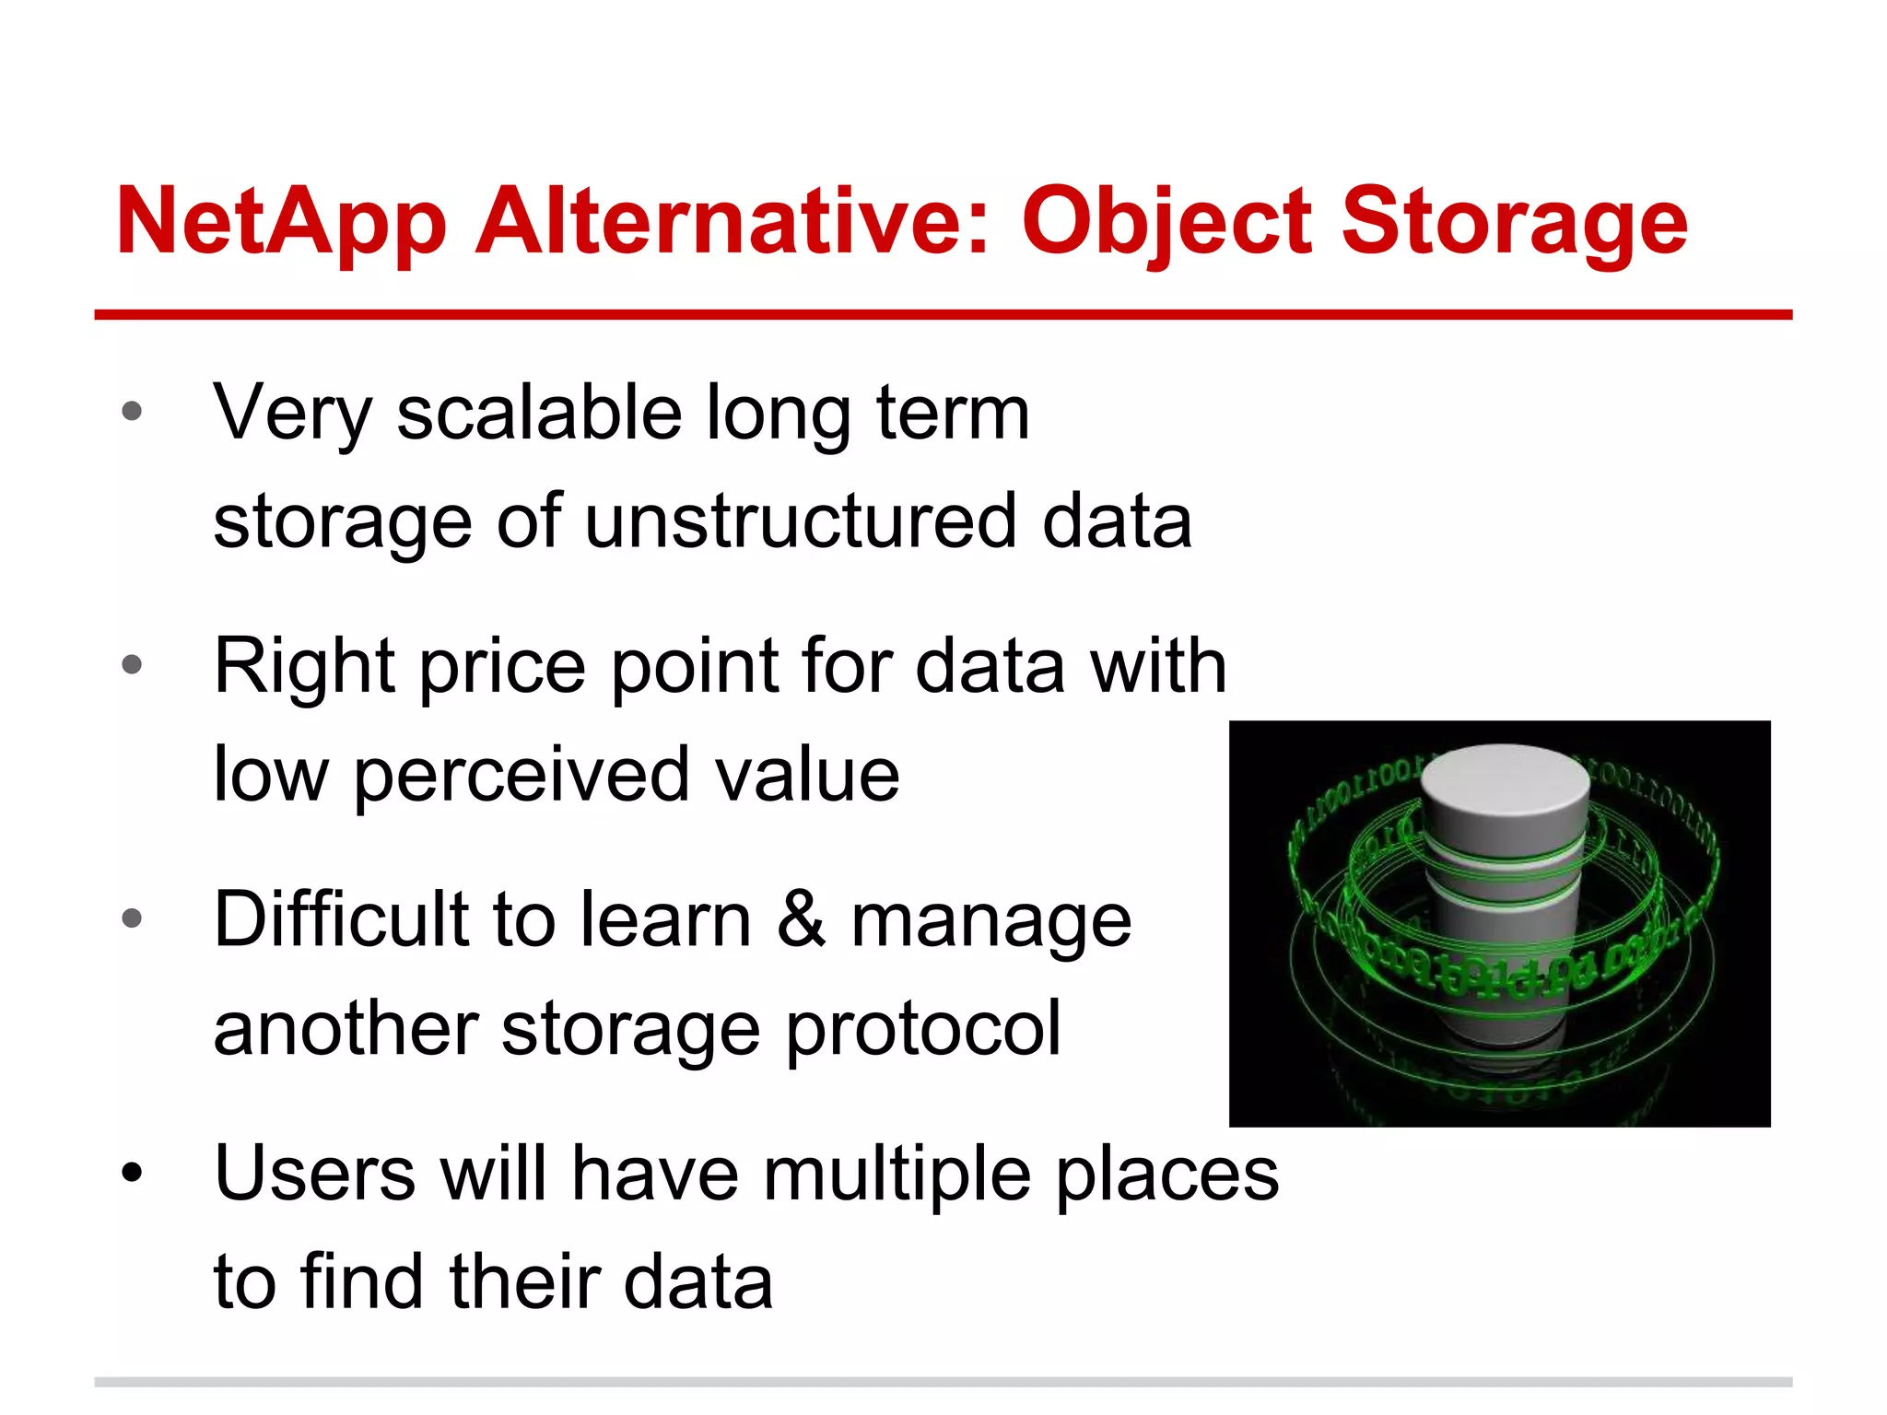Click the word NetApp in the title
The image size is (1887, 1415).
pyautogui.click(x=281, y=223)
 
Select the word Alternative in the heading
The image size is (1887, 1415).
pyautogui.click(x=732, y=221)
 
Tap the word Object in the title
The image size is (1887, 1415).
pyautogui.click(x=1166, y=223)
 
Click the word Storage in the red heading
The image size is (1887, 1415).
pyautogui.click(x=1513, y=223)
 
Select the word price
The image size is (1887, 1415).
pyautogui.click(x=503, y=667)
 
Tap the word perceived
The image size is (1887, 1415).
pyautogui.click(x=522, y=776)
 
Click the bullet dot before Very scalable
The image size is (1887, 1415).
pyautogui.click(x=132, y=411)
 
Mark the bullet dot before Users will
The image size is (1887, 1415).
pyautogui.click(x=132, y=1173)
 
